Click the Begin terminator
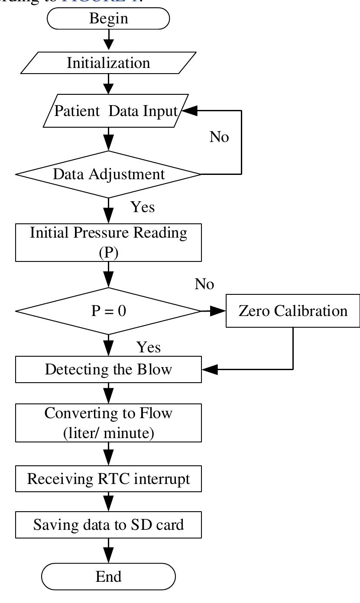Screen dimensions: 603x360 pos(108,19)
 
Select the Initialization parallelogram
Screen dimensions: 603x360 pos(108,63)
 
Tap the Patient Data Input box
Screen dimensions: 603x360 pos(115,112)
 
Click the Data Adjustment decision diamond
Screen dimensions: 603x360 pos(108,174)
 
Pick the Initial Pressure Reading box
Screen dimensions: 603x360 pos(108,242)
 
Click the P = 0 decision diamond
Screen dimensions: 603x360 pos(108,311)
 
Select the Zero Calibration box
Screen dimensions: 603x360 pos(293,311)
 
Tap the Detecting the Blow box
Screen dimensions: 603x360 pos(108,370)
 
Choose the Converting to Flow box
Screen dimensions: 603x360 pos(108,422)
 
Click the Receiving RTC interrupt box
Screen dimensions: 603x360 pos(108,479)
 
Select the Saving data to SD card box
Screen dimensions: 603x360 pos(108,525)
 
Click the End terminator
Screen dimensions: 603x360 pos(108,577)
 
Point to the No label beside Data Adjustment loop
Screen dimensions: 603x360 pos(219,137)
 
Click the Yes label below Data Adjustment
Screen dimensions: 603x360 pos(143,207)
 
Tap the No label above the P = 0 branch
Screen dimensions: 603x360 pos(204,284)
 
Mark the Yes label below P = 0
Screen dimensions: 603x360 pos(149,347)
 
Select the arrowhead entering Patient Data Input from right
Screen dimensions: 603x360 pos(190,111)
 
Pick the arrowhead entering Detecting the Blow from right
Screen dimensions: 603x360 pos(210,370)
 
